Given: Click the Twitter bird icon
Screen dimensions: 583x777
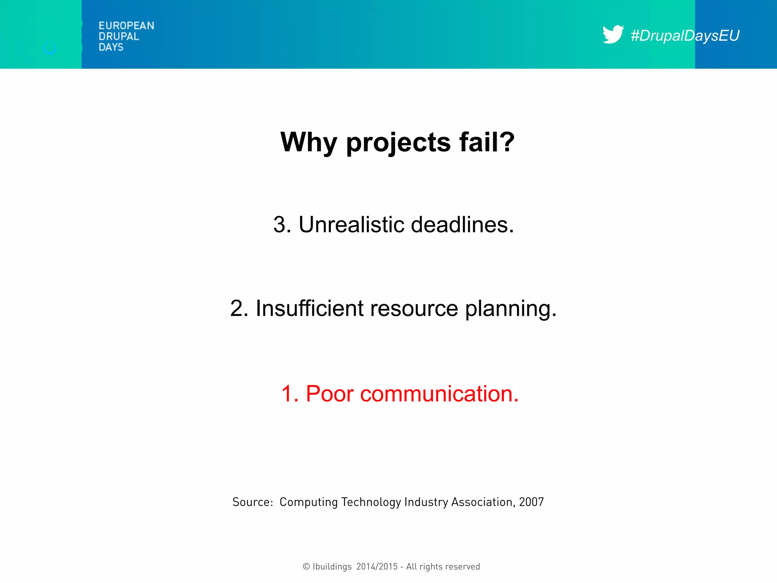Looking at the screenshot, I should click(613, 35).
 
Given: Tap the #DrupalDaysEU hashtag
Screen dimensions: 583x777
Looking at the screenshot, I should click(685, 36).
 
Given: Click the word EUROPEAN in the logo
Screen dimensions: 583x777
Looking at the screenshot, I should click(126, 26).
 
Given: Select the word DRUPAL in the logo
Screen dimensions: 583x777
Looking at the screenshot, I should click(119, 36).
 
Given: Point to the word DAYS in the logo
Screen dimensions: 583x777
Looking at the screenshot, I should click(111, 47).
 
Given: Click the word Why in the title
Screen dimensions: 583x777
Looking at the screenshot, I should click(308, 142).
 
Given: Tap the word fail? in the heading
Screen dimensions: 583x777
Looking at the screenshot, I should click(487, 142).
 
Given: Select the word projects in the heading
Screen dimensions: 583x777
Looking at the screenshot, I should click(398, 143).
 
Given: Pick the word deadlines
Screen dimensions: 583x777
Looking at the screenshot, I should click(462, 225).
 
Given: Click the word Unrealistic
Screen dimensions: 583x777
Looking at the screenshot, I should click(351, 225).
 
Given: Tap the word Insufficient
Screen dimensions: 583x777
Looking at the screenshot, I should click(310, 308).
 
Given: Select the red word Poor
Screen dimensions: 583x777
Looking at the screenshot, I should click(329, 394).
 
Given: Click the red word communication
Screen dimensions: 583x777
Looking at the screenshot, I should click(439, 394).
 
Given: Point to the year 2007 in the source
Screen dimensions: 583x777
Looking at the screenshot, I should click(531, 502).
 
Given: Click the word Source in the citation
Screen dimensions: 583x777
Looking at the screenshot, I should click(252, 502).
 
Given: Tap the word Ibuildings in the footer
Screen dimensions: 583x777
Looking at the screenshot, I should click(332, 567).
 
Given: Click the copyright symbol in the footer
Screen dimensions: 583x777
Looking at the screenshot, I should click(306, 567).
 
